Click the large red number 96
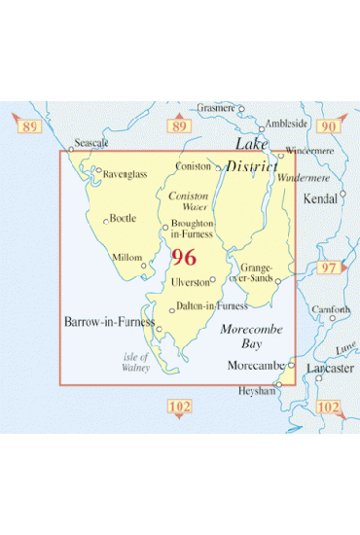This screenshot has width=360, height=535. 182,259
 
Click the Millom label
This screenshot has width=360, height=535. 127,257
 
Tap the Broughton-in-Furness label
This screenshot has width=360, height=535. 192,230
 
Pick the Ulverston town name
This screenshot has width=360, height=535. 190,281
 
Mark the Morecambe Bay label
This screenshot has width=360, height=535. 251,337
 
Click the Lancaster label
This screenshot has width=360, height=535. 327,370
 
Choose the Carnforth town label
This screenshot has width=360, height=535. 332,310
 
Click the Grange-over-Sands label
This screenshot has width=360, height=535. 257,272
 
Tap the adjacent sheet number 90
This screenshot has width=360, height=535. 328,126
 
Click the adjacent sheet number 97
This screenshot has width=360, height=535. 328,267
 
